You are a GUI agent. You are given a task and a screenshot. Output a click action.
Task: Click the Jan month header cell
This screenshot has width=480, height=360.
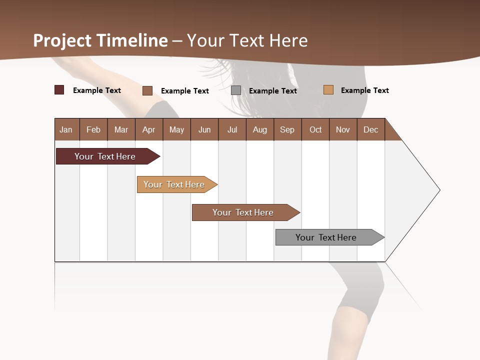point(66,129)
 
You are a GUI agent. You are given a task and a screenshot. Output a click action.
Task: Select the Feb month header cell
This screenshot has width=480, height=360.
point(93,129)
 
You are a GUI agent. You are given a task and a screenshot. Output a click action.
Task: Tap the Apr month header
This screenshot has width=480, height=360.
point(148,129)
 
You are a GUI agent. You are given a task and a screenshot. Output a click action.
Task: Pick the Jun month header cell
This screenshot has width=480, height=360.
point(204,129)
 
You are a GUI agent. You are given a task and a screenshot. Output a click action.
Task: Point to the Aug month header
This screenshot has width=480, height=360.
point(259,129)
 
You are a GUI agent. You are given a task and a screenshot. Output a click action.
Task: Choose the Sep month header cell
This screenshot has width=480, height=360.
point(287,129)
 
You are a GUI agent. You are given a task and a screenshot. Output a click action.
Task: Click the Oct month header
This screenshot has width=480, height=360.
point(315,129)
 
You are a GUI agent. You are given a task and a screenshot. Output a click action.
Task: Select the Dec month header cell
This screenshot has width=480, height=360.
point(370,129)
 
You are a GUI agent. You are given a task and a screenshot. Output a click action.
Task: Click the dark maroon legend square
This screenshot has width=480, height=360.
point(59,90)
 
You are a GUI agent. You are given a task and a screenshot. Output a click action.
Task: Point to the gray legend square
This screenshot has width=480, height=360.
point(236,90)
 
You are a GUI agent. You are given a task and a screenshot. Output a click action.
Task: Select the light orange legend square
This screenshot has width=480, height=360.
point(328,90)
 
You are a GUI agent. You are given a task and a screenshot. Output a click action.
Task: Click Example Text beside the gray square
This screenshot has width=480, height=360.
point(272,91)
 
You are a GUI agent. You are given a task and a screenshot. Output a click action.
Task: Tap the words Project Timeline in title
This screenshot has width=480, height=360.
point(100,40)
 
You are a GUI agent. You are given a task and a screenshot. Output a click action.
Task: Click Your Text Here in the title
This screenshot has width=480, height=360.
point(247,40)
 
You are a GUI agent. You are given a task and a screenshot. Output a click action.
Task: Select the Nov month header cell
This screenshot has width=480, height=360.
point(343,129)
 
